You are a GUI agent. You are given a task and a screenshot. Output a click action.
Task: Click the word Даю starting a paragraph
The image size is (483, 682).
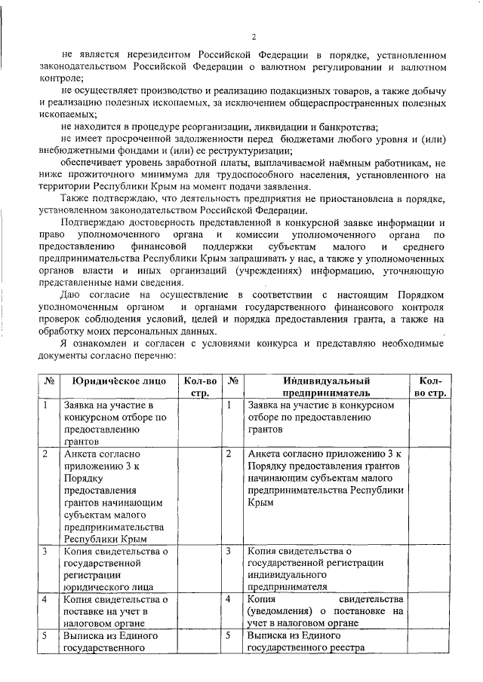(x=73, y=294)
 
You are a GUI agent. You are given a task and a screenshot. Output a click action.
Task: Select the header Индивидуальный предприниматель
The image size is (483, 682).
(x=326, y=387)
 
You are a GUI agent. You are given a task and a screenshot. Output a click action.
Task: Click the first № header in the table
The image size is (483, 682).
(x=49, y=382)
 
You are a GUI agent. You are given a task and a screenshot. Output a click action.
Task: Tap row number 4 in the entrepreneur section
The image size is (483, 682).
(x=228, y=598)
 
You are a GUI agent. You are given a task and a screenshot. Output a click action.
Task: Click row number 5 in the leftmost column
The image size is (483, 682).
(x=45, y=635)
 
